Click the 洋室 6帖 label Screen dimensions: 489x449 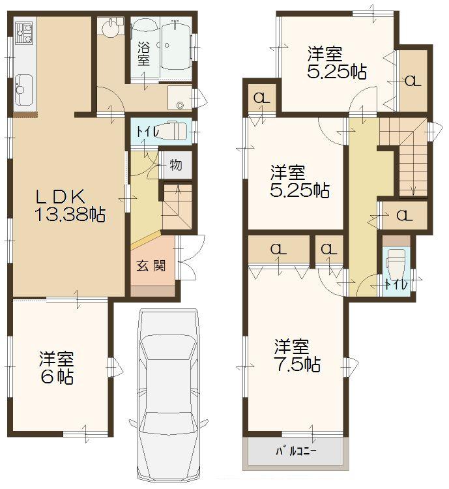click(56, 368)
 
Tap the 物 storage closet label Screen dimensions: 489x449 click(176, 165)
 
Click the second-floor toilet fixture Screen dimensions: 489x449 click(396, 263)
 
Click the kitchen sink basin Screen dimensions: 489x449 click(24, 86)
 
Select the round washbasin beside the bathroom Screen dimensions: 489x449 click(109, 29)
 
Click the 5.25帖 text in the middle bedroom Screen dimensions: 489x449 click(300, 190)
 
